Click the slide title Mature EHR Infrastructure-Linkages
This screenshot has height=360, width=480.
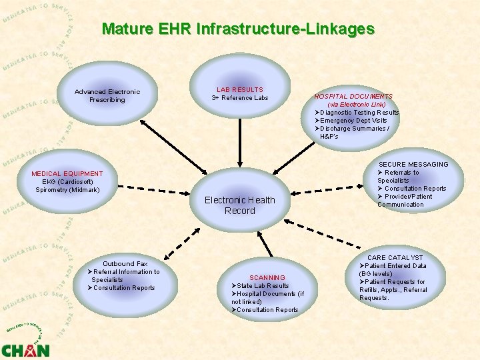(x=238, y=29)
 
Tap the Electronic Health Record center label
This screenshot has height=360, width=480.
(x=239, y=205)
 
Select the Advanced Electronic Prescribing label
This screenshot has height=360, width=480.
(x=107, y=96)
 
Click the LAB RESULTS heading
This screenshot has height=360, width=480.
(x=240, y=89)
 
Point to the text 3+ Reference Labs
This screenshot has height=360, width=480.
(x=240, y=98)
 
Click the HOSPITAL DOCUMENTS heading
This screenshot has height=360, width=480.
(x=353, y=96)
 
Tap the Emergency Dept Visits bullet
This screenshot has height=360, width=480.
(x=353, y=121)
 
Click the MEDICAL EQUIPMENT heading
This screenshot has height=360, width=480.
(x=67, y=174)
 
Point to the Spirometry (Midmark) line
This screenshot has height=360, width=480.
(x=67, y=190)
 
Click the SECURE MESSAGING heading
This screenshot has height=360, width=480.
(x=413, y=164)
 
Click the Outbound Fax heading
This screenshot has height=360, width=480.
(x=125, y=264)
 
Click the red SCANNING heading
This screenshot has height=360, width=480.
(x=267, y=277)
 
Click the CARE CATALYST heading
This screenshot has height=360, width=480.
(x=395, y=257)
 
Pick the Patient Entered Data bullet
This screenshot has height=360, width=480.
(x=395, y=266)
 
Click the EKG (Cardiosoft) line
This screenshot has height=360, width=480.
(x=67, y=182)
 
